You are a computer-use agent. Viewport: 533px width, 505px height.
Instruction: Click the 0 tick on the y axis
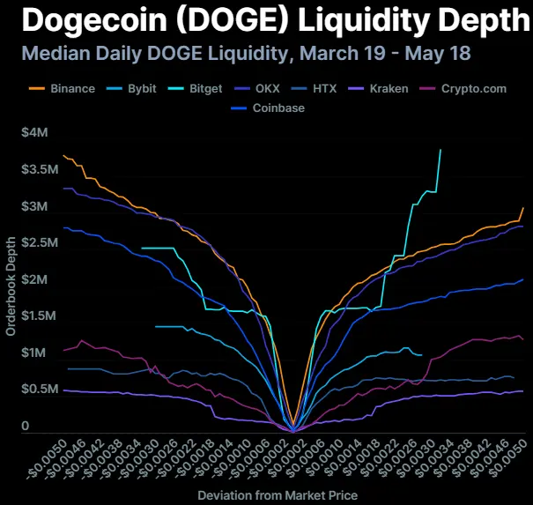pyautogui.click(x=26, y=426)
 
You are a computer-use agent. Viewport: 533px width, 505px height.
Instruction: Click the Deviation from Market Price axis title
pyautogui.click(x=278, y=495)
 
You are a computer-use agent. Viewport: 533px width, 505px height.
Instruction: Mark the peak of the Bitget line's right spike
pyautogui.click(x=440, y=151)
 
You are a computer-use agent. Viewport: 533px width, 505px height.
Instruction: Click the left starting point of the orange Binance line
pyautogui.click(x=63, y=156)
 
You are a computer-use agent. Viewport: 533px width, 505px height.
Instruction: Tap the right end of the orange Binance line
pyautogui.click(x=523, y=208)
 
